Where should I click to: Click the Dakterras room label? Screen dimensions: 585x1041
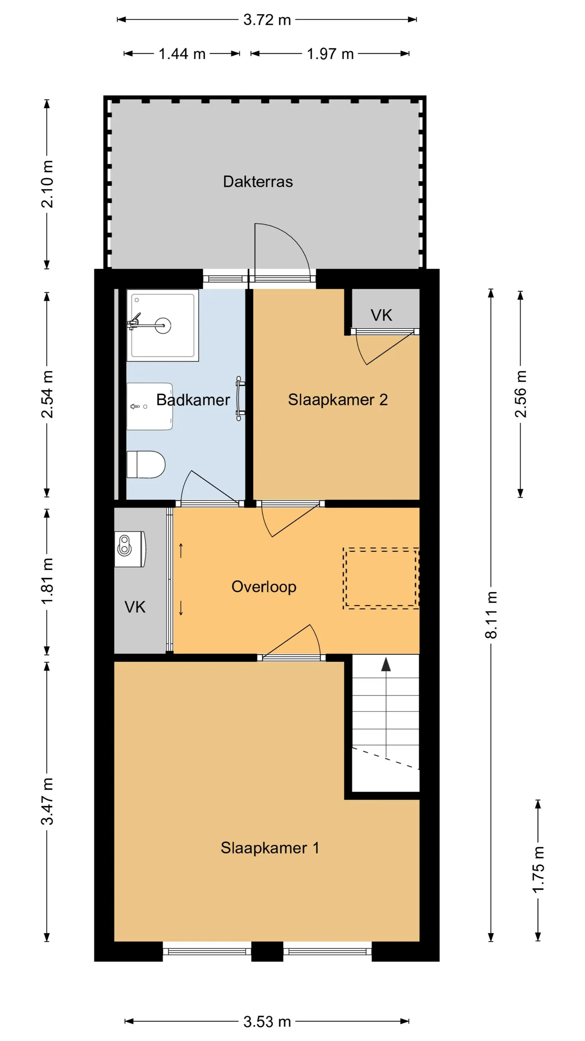coord(257,182)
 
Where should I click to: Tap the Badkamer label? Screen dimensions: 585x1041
coord(193,400)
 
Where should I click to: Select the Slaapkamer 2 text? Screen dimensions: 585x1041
coord(338,400)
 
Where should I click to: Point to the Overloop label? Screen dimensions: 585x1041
coord(264,587)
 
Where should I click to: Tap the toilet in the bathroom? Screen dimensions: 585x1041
coord(146,465)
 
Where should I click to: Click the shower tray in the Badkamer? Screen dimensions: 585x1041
coord(163,325)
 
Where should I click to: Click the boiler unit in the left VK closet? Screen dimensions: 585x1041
coord(130,549)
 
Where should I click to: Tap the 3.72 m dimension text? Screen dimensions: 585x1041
coord(267,20)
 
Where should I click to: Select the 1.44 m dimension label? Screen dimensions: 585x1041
coord(182,54)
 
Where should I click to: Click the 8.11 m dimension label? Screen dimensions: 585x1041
coord(491,615)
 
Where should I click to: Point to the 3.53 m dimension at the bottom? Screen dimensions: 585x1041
coord(267,1022)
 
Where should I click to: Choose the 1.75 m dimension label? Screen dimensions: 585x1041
coord(538,869)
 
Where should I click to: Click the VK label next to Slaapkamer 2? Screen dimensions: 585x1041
coord(381,315)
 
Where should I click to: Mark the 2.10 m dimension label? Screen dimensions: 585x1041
coord(47,184)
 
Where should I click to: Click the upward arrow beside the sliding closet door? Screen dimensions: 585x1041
coord(181,550)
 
